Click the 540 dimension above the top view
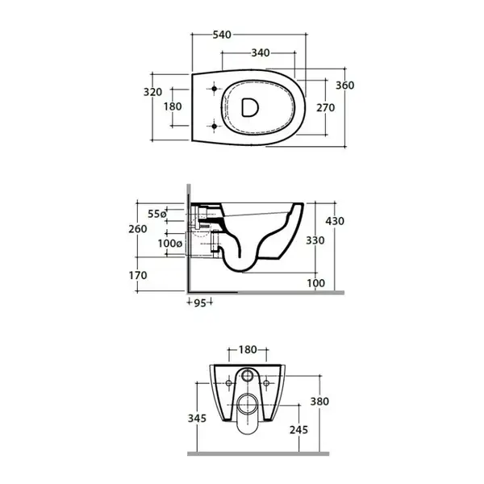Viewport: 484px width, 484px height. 222,35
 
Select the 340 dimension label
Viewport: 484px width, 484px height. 261,52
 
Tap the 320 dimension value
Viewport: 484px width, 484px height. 152,92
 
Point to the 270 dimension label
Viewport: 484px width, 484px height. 326,108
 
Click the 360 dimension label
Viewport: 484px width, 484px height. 344,86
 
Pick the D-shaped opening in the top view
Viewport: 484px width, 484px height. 249,107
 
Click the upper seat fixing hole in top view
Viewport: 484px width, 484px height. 215,89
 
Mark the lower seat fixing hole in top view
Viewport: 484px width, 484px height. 215,126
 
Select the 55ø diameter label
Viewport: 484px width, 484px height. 157,214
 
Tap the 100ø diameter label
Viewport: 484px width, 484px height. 170,244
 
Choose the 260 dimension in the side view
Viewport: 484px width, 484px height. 138,229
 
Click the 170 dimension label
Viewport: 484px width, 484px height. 138,275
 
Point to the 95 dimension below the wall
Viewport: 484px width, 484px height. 200,303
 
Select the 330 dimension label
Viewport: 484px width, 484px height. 315,240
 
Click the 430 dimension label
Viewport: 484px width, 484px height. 335,221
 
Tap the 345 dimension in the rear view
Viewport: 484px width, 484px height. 198,419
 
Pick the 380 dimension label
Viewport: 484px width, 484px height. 319,402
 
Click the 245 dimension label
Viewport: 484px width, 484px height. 298,430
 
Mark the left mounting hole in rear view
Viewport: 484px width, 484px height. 229,383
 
